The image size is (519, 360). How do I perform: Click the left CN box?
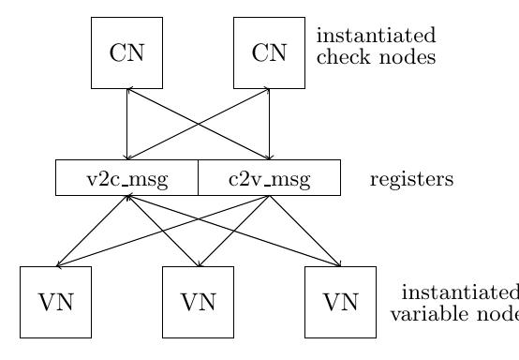[126, 52]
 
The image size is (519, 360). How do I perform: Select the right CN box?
[269, 52]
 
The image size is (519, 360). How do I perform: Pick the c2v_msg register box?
[269, 177]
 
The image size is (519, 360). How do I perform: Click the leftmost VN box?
[55, 301]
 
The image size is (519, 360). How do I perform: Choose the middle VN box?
[198, 301]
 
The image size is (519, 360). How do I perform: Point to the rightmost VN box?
[340, 301]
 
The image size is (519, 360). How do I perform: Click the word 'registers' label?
[411, 178]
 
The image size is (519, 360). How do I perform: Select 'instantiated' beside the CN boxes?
[376, 37]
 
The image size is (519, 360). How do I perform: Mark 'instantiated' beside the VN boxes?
[459, 292]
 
